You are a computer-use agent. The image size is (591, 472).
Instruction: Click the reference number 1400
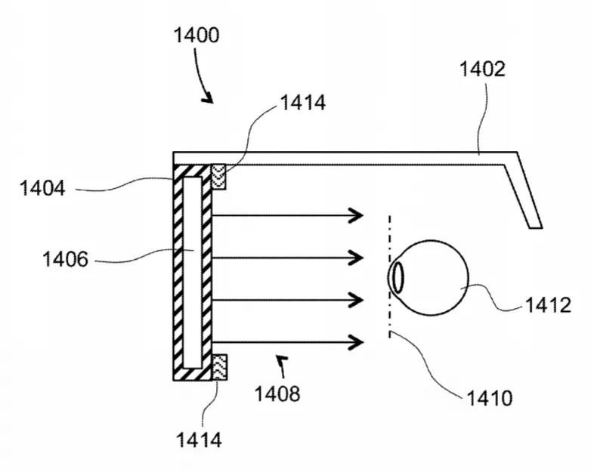[x=196, y=35]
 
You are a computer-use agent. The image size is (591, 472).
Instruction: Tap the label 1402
[x=482, y=69]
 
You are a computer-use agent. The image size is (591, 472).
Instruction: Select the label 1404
[x=42, y=188]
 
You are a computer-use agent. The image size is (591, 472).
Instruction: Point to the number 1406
[x=65, y=259]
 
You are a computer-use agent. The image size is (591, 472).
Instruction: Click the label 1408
[x=277, y=394]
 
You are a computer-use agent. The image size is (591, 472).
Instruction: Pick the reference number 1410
[x=490, y=398]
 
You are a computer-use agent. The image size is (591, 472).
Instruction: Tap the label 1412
[x=548, y=305]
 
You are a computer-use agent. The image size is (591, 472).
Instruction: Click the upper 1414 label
[x=303, y=103]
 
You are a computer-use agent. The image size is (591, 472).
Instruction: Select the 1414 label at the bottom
[x=199, y=440]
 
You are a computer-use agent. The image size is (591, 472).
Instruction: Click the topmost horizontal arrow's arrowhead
[x=357, y=215]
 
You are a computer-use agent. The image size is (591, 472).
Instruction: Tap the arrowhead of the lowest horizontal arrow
[x=357, y=342]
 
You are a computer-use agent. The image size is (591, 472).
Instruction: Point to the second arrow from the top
[x=288, y=258]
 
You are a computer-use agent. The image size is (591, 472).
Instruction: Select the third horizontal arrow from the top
[x=288, y=300]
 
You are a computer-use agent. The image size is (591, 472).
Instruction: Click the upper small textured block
[x=218, y=176]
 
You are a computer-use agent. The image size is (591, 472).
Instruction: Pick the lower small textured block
[x=219, y=367]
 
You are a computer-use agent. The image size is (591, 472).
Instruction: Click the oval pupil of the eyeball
[x=398, y=277]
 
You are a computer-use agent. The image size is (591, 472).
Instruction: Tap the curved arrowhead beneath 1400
[x=208, y=99]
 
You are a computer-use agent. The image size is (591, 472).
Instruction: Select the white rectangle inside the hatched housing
[x=192, y=273]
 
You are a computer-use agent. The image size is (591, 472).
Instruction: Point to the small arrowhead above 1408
[x=282, y=360]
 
